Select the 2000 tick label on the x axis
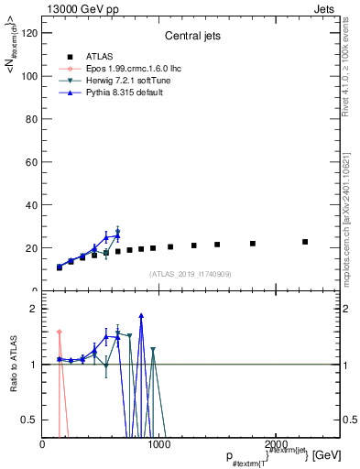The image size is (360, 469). pos(273,445)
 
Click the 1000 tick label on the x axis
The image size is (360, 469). pos(158,445)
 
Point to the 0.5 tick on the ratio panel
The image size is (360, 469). pos(29,420)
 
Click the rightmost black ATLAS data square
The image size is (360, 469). pos(305,242)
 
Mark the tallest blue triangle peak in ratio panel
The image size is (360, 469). pos(141,316)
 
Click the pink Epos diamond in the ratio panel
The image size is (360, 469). pos(60,332)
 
